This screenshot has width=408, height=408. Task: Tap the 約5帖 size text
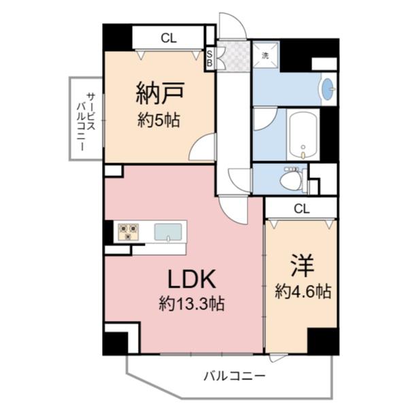pos(158,120)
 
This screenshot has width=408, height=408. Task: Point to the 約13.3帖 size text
pos(192,303)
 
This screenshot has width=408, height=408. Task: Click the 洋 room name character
pos(302,264)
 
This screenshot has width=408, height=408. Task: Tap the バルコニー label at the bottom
pos(235,375)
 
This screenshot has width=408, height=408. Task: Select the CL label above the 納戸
pos(169,39)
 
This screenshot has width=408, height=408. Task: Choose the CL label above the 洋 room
pos(302,208)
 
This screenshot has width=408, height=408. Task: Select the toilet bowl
pos(291,180)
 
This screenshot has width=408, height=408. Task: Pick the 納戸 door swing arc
pos(204,146)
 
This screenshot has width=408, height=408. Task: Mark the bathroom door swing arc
pos(262,120)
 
